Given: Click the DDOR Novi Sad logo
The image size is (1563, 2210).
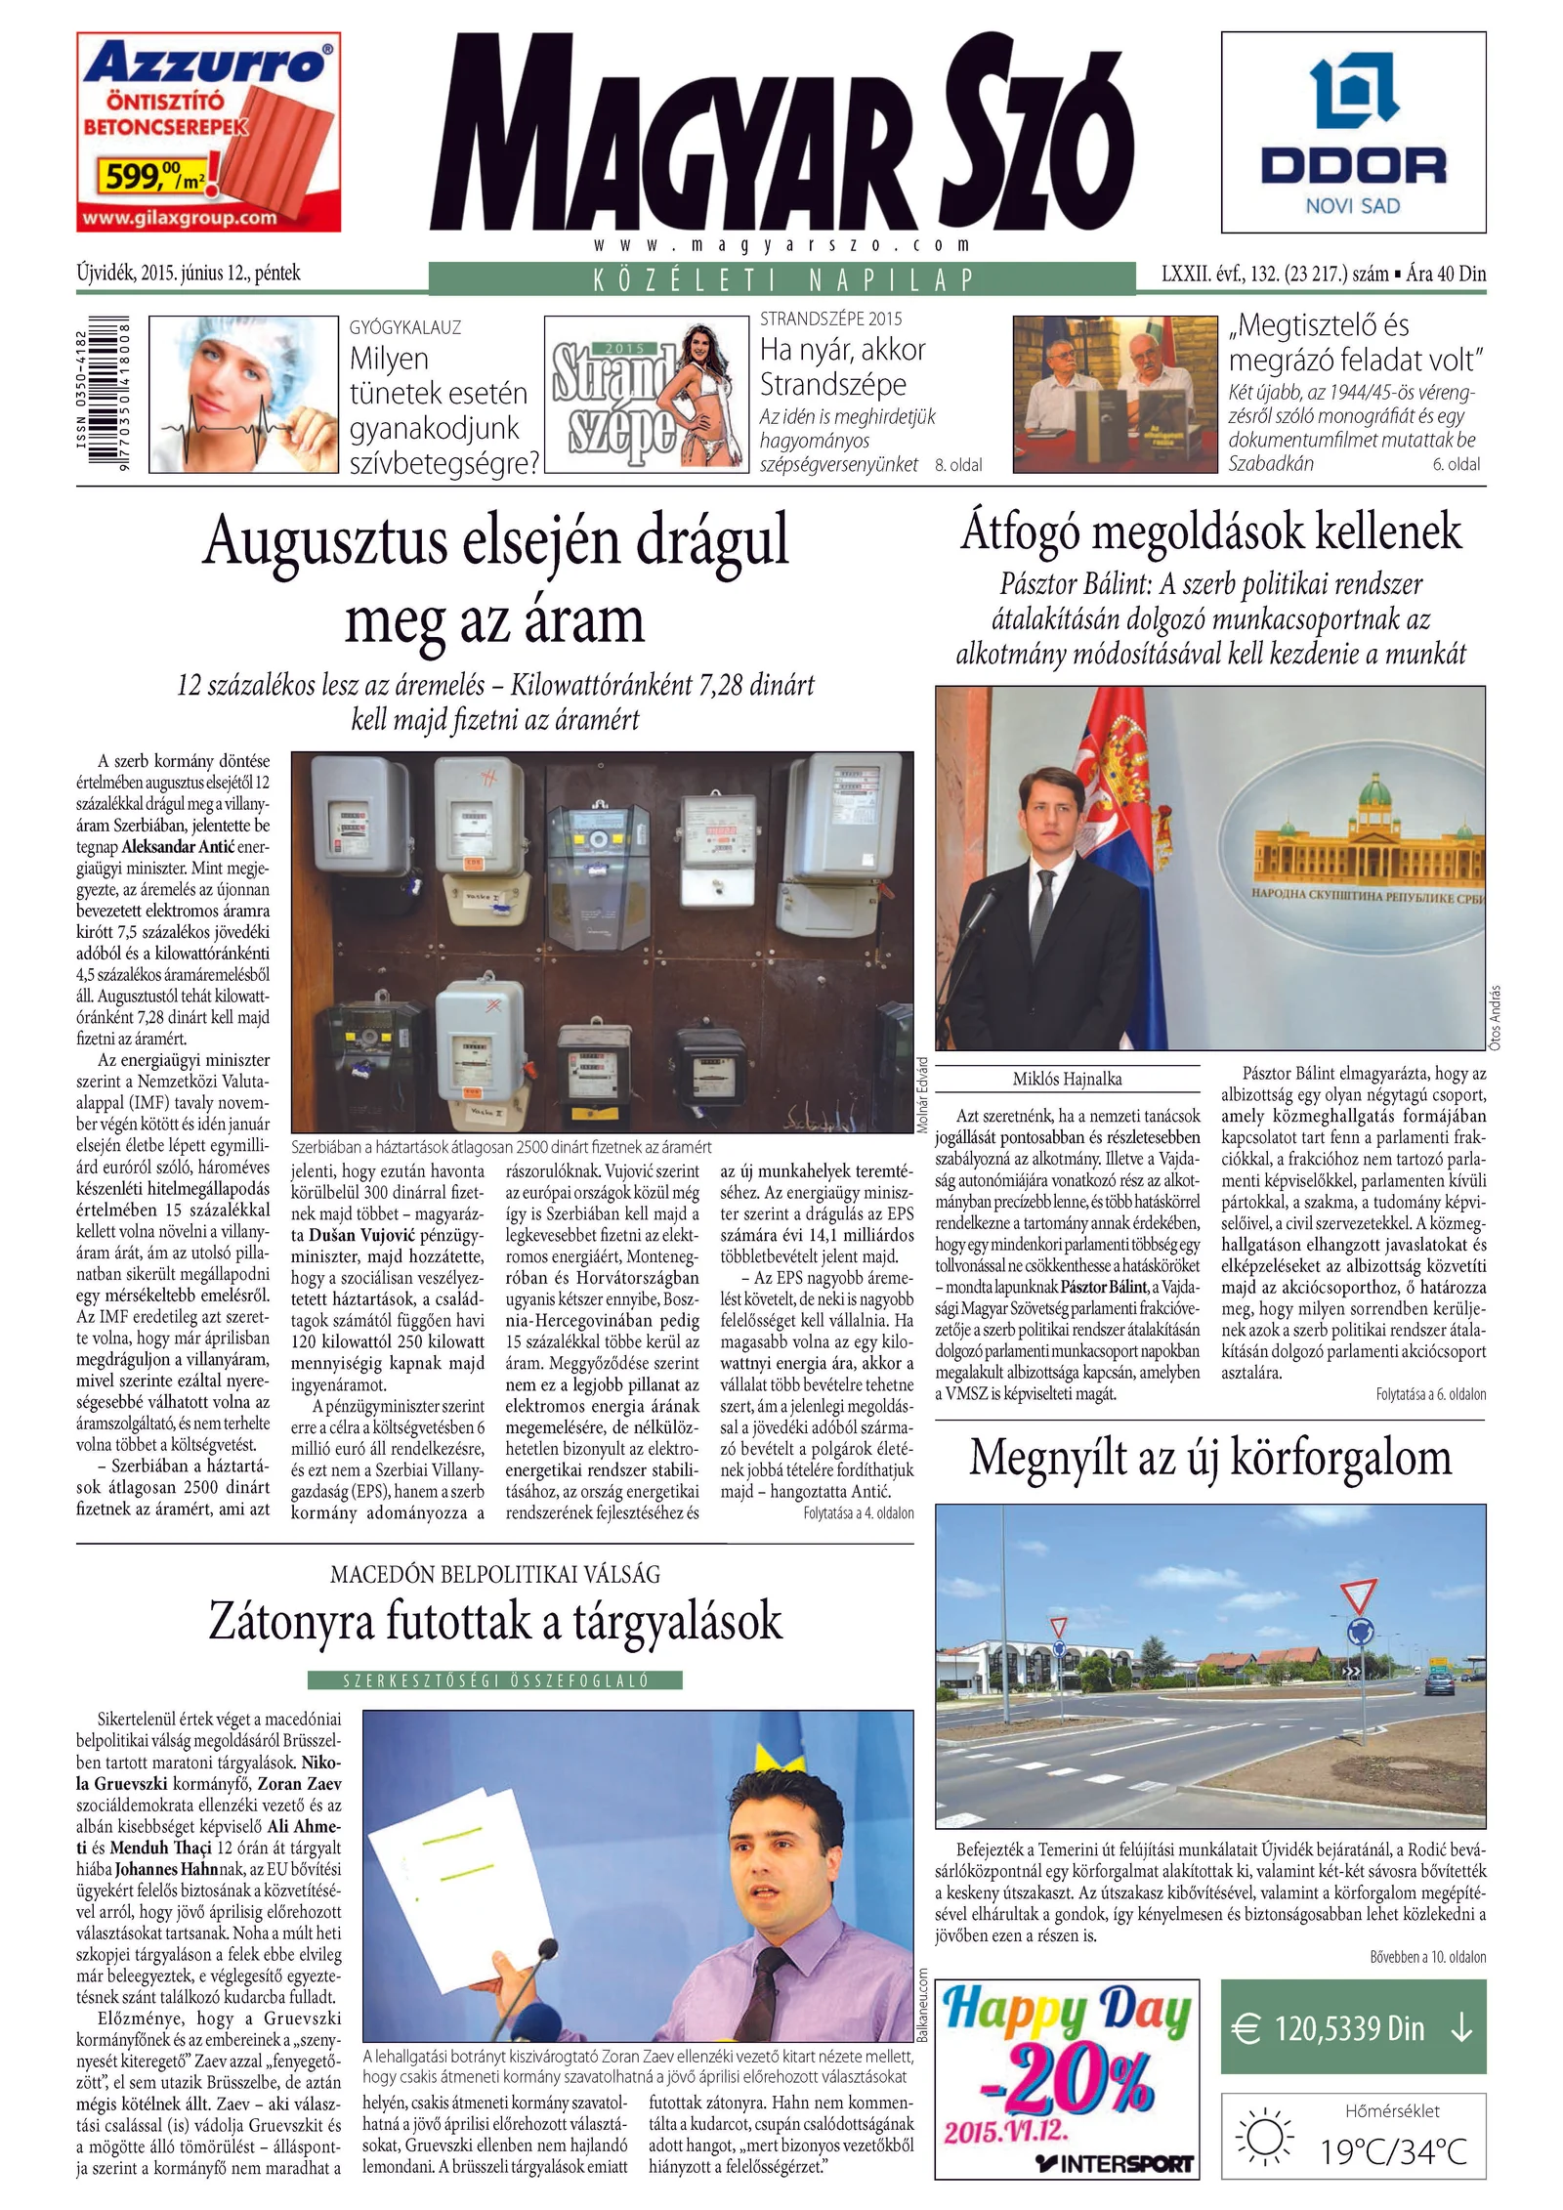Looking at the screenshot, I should tap(1353, 132).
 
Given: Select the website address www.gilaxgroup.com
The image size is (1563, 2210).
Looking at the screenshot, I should tap(180, 218).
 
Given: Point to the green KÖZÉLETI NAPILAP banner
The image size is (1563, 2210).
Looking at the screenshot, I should tap(782, 279).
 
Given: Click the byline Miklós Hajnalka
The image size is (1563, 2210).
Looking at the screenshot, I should tap(1067, 1079).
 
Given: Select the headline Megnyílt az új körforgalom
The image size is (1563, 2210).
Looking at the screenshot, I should tap(1210, 1458).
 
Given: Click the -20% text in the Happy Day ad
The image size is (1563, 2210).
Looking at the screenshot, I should tap(1066, 2085).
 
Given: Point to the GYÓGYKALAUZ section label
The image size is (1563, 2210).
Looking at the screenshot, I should tap(404, 327).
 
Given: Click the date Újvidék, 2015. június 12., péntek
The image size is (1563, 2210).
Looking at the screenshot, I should tap(189, 274).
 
